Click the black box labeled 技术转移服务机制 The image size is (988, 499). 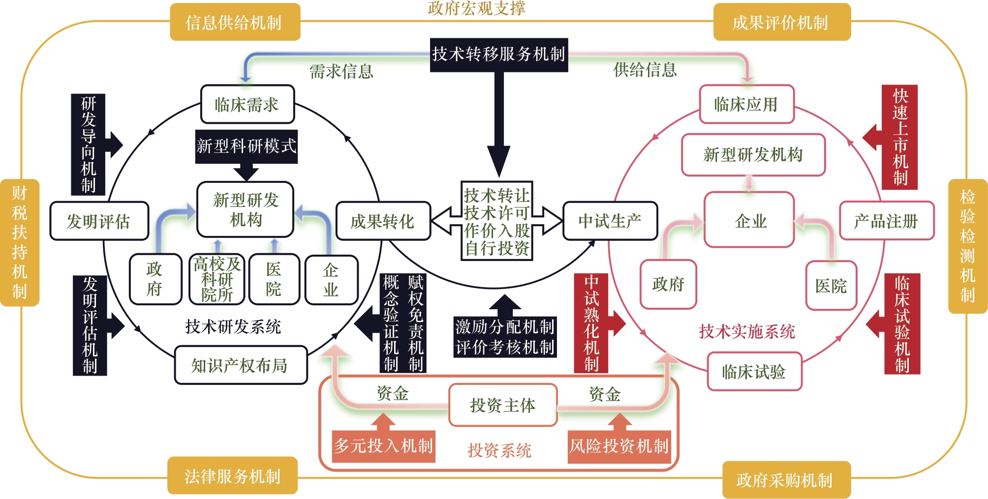(x=498, y=55)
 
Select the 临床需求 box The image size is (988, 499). (x=247, y=104)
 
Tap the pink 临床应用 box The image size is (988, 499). (x=746, y=104)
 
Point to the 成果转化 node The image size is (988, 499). (x=383, y=221)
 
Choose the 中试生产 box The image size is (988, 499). (x=610, y=221)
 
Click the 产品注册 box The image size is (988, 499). (x=886, y=221)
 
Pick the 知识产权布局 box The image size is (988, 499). (x=240, y=365)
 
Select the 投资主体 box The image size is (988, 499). (x=503, y=405)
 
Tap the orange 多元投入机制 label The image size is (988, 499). (x=383, y=446)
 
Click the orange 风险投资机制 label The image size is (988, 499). (x=619, y=446)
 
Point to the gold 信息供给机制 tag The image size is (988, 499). (x=234, y=22)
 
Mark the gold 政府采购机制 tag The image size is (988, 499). (x=785, y=480)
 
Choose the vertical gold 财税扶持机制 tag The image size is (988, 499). (x=20, y=242)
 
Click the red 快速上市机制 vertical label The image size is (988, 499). (x=900, y=137)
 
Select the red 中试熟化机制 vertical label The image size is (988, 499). (x=591, y=323)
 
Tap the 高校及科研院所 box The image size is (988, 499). (x=217, y=279)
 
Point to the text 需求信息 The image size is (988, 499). (x=341, y=72)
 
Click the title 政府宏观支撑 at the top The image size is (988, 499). (x=476, y=8)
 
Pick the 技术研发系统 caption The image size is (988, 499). (x=233, y=326)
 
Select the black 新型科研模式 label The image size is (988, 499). (x=246, y=146)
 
